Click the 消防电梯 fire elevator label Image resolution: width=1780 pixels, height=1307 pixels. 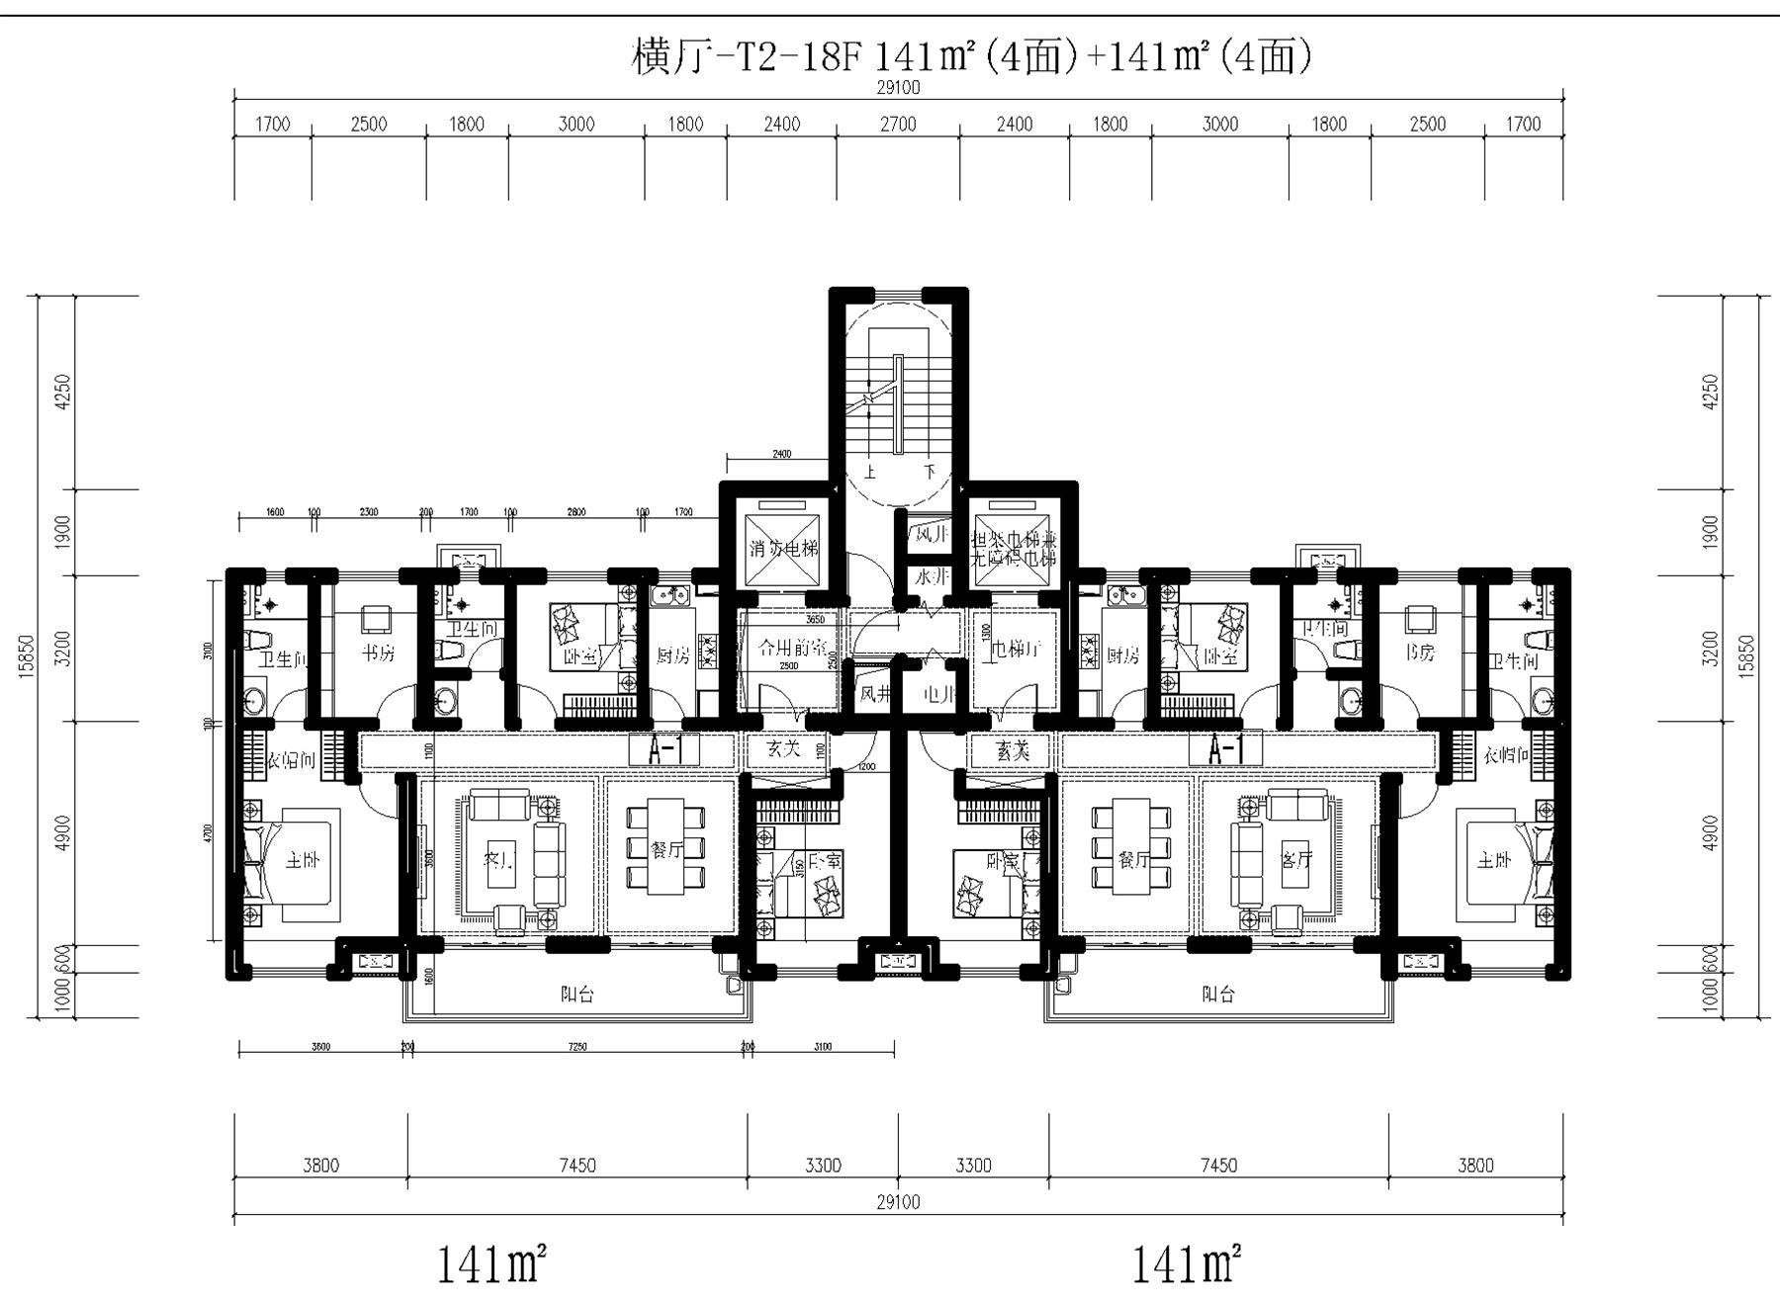tap(783, 549)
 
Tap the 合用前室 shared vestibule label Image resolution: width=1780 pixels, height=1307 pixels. tap(791, 649)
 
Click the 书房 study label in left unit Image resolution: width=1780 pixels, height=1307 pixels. tap(377, 653)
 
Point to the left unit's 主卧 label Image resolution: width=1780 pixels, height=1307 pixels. tap(303, 860)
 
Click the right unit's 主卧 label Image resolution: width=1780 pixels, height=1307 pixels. tap(1494, 860)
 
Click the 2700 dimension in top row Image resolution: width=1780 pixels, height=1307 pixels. tap(898, 125)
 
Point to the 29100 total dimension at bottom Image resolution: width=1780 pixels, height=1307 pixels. tap(898, 1202)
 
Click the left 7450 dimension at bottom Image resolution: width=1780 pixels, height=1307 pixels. tap(577, 1166)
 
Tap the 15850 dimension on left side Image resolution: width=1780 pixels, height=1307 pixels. tap(27, 654)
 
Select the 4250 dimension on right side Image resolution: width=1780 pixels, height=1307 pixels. tap(1711, 391)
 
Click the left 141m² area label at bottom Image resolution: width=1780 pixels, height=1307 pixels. tap(492, 1264)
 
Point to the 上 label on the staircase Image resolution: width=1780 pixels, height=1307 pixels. tap(870, 473)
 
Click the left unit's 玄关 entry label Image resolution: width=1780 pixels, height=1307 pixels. tap(783, 749)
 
